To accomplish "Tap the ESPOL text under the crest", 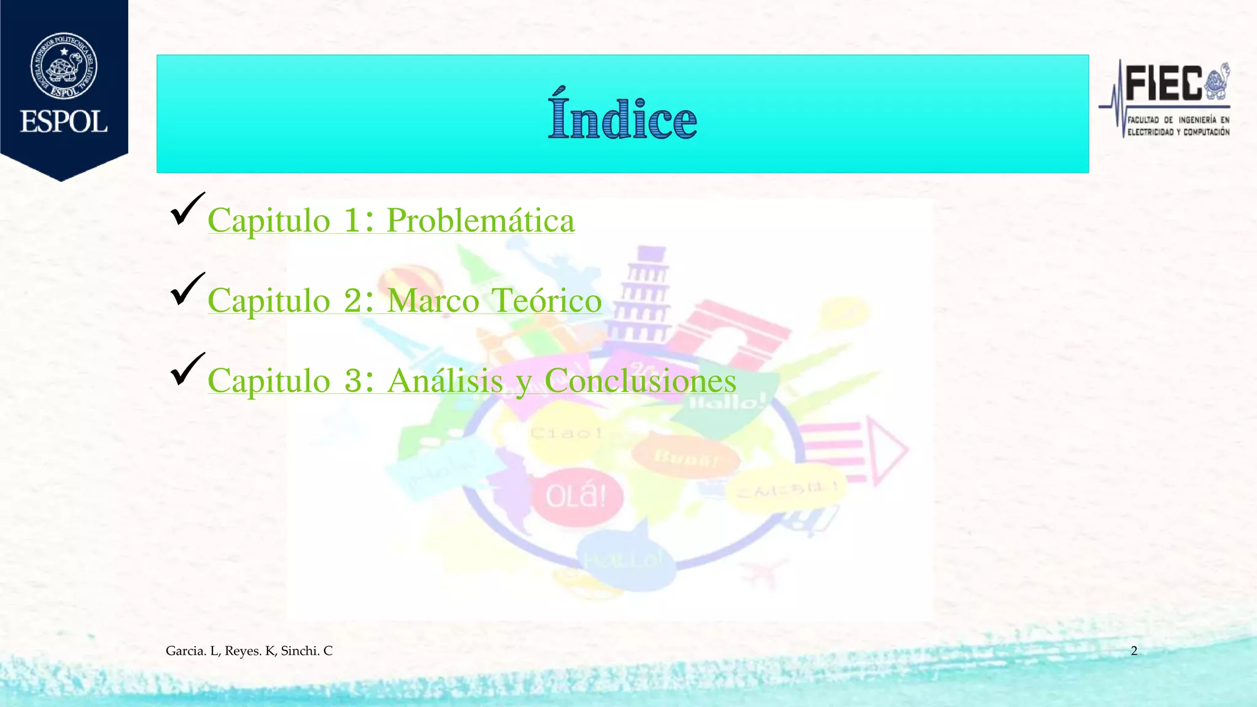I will [x=64, y=122].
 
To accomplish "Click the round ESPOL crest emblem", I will [x=64, y=66].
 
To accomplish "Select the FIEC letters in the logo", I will [x=1164, y=84].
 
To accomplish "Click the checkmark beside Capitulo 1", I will [x=187, y=209].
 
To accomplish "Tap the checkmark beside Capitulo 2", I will [x=187, y=289].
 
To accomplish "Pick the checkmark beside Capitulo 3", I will [x=187, y=369].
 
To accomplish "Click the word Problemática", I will [x=480, y=220].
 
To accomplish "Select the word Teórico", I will [x=547, y=301].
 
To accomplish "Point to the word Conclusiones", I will [x=640, y=381].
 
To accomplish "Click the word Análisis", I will [x=446, y=381].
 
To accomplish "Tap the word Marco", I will [x=433, y=301].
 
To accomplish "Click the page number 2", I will [x=1134, y=651].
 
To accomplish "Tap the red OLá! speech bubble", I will [x=576, y=496].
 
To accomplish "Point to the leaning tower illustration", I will [x=644, y=295].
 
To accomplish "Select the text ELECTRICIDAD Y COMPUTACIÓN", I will [x=1178, y=132].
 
